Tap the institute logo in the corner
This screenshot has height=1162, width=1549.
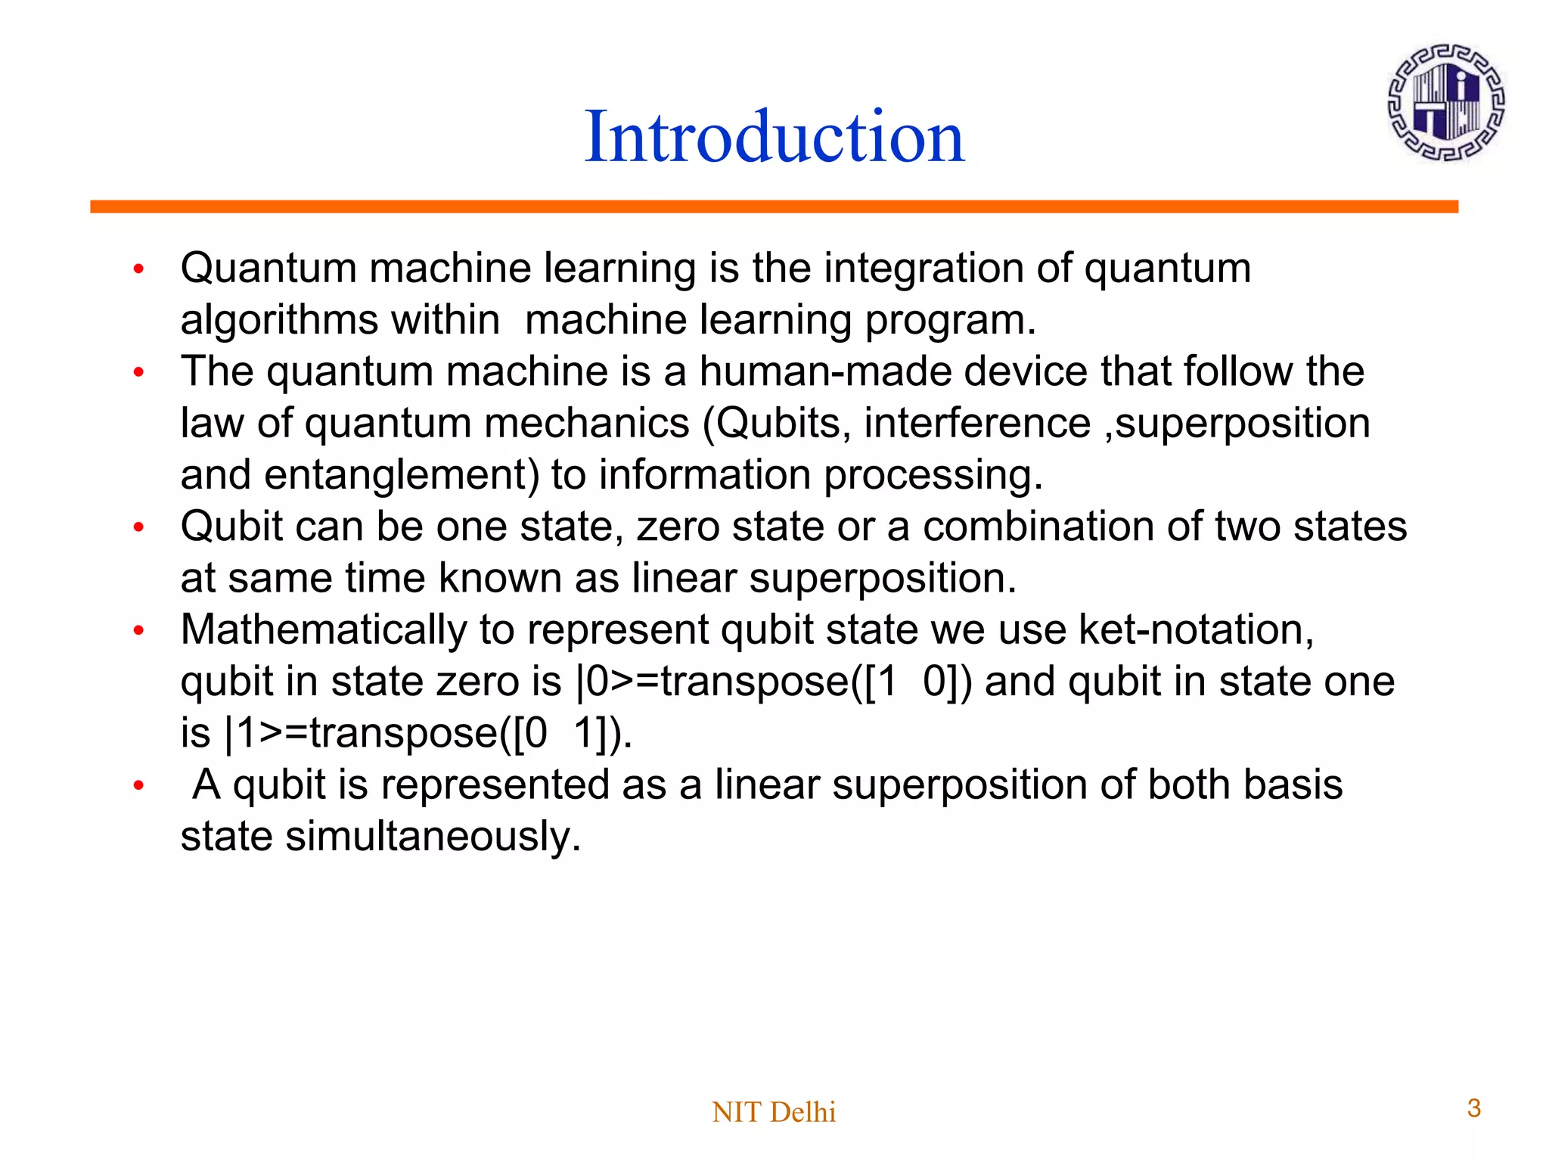1445,102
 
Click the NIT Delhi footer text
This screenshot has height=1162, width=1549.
774,1112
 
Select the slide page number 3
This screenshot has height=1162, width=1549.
1473,1108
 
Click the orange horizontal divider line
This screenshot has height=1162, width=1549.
774,207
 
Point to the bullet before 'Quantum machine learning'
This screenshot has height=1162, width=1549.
138,269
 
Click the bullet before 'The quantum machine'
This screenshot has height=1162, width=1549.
138,372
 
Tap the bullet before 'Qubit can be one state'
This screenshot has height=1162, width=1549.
138,527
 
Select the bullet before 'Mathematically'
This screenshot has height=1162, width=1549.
138,630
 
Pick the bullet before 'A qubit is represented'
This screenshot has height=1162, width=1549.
138,785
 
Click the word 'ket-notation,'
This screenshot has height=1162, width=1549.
1196,629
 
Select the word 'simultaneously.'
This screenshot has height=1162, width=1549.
433,837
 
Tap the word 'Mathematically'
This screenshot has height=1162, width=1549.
324,630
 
